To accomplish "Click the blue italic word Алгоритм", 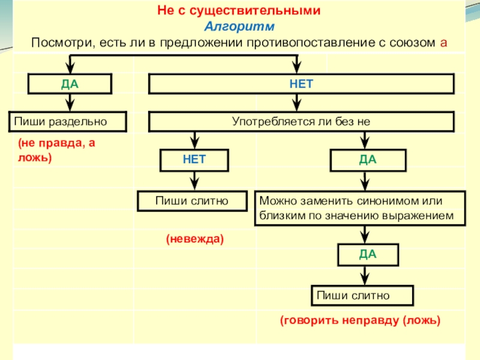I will click(239, 28).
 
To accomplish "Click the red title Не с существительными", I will click(239, 11).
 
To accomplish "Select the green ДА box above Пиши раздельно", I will click(70, 84).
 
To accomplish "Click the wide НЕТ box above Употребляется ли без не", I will click(301, 84).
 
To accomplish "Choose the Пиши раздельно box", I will click(67, 122).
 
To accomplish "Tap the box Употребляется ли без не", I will click(301, 122).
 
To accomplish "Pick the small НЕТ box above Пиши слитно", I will click(194, 160).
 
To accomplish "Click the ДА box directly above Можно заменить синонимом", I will click(368, 160).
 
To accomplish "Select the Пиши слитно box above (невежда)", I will click(192, 201).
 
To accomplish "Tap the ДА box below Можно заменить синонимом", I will click(368, 254).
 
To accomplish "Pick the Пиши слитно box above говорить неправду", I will click(362, 295).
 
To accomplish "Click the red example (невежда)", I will click(194, 239).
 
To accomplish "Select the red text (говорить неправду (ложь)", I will click(360, 321).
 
